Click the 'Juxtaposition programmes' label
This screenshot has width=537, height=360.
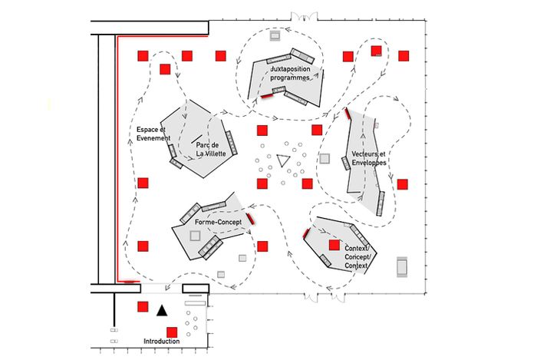click(x=290, y=74)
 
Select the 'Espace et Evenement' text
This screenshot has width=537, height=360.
click(x=153, y=134)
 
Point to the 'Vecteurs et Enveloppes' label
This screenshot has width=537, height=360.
click(x=369, y=160)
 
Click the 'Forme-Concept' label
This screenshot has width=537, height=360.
click(x=218, y=222)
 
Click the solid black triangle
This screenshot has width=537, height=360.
click(x=161, y=311)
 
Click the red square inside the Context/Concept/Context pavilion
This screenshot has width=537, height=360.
click(x=334, y=245)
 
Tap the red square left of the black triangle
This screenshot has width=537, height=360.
click(x=142, y=306)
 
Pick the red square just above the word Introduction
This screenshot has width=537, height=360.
click(x=172, y=332)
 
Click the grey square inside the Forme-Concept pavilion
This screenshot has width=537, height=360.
click(x=193, y=236)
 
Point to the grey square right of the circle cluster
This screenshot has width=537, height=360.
click(x=324, y=159)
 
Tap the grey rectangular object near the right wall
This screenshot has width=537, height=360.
click(x=403, y=266)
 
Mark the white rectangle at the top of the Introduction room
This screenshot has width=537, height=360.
click(x=196, y=294)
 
